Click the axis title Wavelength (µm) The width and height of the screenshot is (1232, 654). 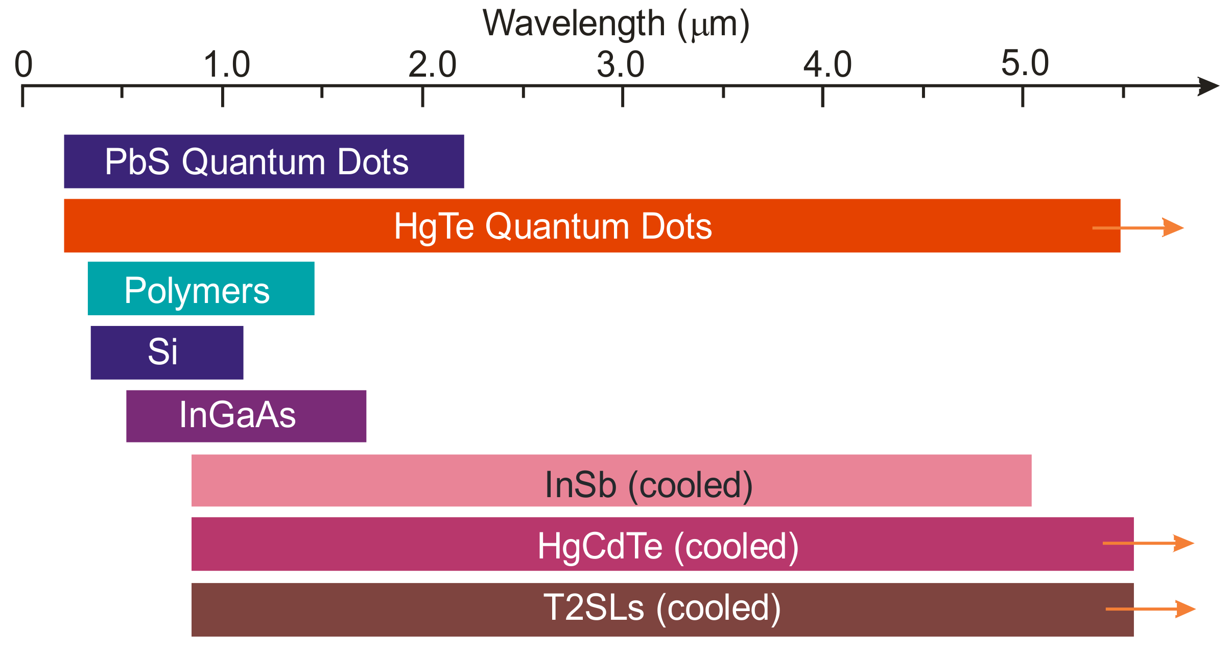(616, 24)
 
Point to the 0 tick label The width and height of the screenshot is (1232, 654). (23, 65)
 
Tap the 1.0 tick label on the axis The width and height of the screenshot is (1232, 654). (227, 65)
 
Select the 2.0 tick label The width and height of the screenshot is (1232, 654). (432, 65)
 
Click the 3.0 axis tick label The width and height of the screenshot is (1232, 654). (621, 65)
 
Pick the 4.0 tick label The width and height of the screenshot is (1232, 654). (827, 65)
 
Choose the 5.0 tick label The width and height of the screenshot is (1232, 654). (1025, 64)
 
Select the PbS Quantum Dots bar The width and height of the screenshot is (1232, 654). (264, 161)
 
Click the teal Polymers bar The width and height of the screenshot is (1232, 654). (201, 289)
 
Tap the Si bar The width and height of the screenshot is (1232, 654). (167, 353)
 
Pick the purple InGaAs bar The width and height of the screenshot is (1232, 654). (246, 416)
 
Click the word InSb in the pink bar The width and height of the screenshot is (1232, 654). (580, 485)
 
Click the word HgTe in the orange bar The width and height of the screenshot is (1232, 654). (434, 226)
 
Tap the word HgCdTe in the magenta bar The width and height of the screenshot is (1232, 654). (600, 546)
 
